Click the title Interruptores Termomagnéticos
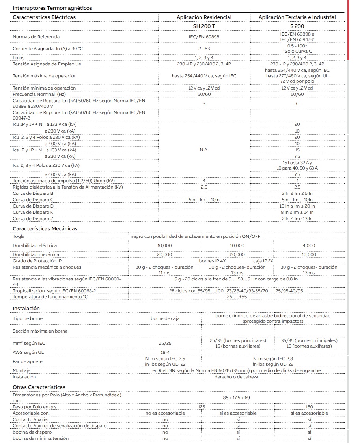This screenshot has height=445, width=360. (52, 8)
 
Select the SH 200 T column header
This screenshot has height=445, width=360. (204, 26)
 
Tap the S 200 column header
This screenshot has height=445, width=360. (297, 26)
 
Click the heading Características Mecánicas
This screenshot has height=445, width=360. (45, 228)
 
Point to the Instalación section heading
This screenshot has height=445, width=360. (26, 308)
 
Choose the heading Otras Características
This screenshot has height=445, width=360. (39, 387)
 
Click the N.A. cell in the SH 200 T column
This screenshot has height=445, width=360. (204, 150)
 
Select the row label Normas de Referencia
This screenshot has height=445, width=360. (36, 37)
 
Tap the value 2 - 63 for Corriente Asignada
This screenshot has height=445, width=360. (204, 48)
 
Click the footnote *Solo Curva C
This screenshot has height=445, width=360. (297, 51)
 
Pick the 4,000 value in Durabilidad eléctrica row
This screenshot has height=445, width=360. (309, 245)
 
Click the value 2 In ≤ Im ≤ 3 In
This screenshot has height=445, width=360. (297, 218)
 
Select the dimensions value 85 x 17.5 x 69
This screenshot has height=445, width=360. (237, 398)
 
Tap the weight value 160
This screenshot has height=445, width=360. (309, 407)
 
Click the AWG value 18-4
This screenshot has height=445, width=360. (165, 352)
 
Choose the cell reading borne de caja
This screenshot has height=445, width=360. (165, 318)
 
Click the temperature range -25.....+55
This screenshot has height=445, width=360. (237, 297)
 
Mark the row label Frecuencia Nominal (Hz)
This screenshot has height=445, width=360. (39, 94)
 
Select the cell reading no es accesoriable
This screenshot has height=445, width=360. (165, 413)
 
